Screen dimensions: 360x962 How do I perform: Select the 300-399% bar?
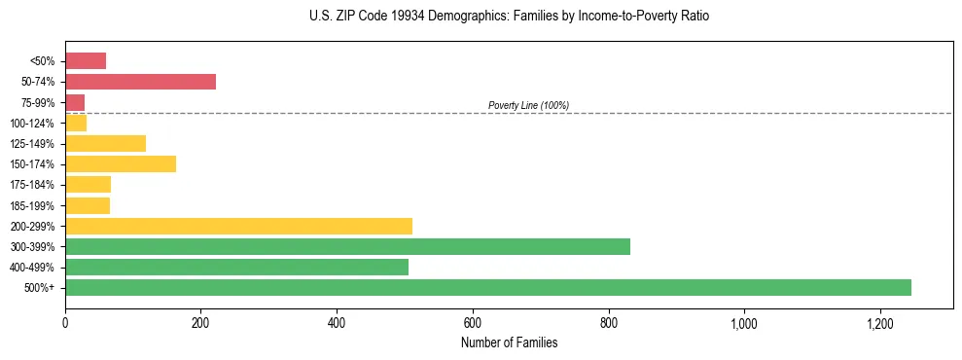(x=347, y=246)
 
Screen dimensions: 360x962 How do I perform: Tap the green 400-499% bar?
(x=236, y=267)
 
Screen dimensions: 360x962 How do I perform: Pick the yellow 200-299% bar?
(x=238, y=226)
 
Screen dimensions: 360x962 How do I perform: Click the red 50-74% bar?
(x=140, y=81)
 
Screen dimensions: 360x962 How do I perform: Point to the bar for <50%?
(x=86, y=60)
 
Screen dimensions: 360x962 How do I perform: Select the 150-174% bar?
(x=121, y=163)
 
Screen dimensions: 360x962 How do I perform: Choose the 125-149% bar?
(x=105, y=143)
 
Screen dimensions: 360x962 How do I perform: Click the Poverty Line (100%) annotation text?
(x=528, y=105)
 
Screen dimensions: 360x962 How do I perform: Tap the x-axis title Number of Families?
(x=509, y=342)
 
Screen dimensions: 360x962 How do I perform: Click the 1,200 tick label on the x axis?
(x=879, y=322)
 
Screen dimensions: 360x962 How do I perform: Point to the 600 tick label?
(x=473, y=322)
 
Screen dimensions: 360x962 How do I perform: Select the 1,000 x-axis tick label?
(x=744, y=322)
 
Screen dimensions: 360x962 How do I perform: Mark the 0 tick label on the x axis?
(x=65, y=322)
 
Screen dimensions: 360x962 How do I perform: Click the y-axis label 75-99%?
(x=39, y=102)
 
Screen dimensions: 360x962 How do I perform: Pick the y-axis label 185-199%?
(x=35, y=205)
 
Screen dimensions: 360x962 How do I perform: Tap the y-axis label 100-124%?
(x=35, y=123)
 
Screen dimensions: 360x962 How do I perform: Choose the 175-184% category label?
(x=35, y=185)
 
